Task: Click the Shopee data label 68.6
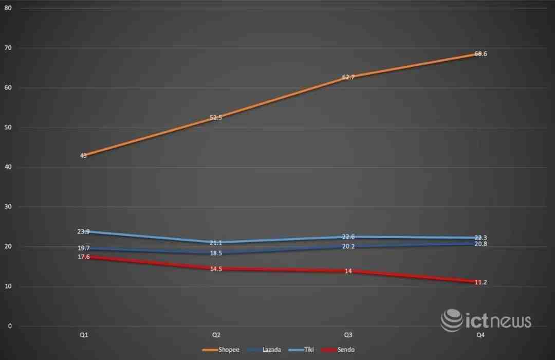pos(480,54)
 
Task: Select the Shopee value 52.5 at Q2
pos(216,118)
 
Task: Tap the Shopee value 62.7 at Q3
pos(348,77)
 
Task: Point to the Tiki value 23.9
pos(84,231)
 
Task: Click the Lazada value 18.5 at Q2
pos(216,254)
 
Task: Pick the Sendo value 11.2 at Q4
pos(480,282)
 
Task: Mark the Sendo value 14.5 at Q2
pos(216,269)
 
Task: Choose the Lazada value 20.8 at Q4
pos(480,244)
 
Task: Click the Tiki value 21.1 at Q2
pos(216,243)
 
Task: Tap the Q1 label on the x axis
pos(84,335)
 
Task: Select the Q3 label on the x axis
pos(348,335)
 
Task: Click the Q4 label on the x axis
pos(480,335)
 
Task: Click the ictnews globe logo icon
pos(451,320)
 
